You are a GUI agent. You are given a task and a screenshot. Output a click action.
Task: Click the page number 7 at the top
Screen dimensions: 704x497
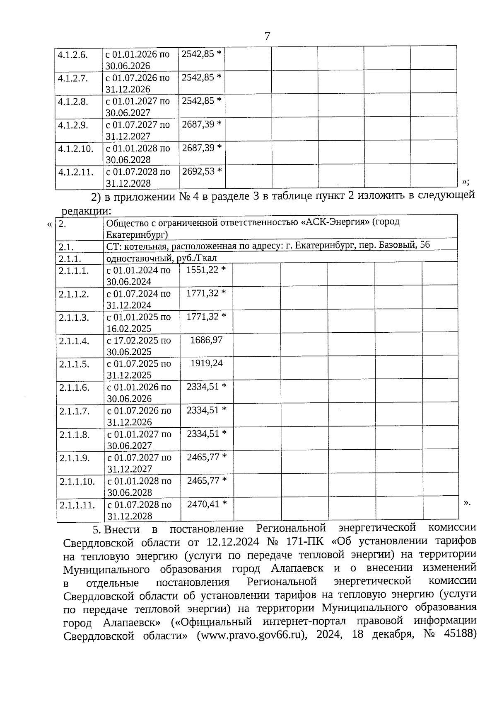coord(267,37)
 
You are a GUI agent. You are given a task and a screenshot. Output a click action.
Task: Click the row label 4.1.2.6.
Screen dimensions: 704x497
coord(72,55)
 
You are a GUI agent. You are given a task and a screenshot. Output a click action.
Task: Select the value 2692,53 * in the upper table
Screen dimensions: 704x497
coord(202,171)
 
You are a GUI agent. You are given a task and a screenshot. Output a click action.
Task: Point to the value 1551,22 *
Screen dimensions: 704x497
coord(206,270)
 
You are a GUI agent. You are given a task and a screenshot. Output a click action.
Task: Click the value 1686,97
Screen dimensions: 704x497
coord(206,340)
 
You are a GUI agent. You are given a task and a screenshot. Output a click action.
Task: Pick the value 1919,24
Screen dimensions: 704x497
coord(206,363)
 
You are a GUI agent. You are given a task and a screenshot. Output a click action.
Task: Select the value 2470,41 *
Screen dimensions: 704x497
coord(207,504)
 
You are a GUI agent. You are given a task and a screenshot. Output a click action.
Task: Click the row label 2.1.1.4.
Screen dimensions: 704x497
coord(74,341)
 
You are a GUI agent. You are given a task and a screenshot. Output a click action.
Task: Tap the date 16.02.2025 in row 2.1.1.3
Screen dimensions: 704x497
coord(129,329)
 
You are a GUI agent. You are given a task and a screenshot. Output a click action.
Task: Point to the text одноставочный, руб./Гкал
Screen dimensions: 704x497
coord(162,258)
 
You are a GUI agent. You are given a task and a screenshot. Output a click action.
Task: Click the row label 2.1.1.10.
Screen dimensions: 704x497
coord(77,482)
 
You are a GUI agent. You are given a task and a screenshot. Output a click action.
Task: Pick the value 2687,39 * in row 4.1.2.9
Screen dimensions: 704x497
coord(202,124)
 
